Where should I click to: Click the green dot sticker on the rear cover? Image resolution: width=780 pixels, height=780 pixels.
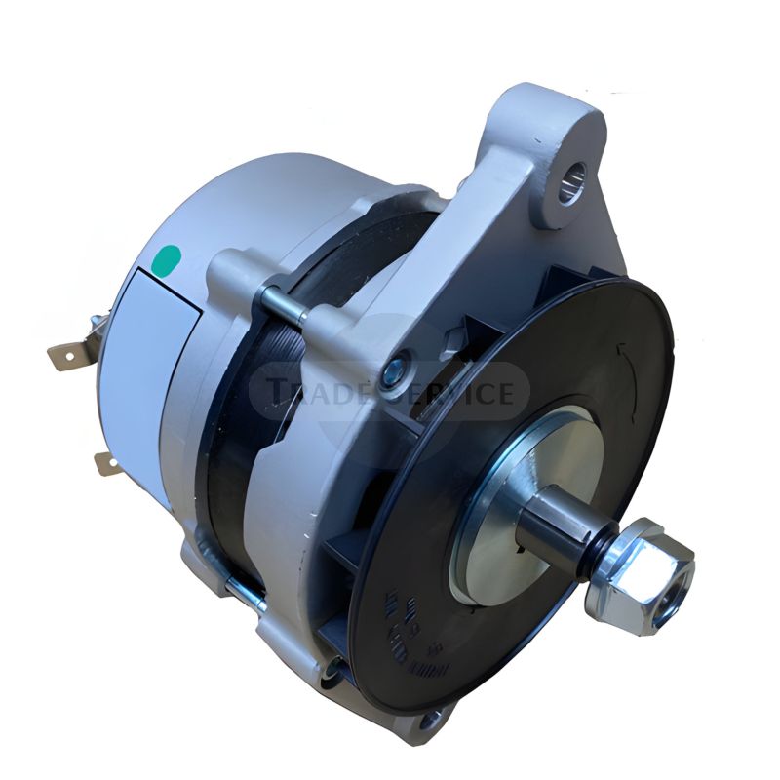(x=168, y=258)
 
